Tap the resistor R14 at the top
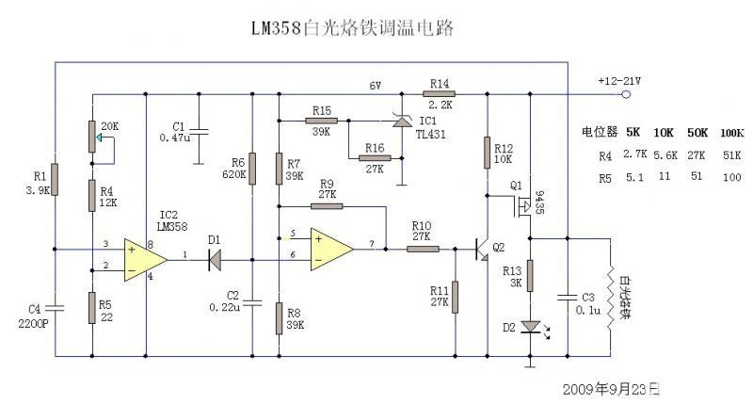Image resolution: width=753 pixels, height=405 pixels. (440, 94)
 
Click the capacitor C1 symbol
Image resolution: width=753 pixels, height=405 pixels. (200, 129)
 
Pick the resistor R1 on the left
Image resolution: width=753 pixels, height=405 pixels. (55, 178)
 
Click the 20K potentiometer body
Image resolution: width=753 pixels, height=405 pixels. (92, 138)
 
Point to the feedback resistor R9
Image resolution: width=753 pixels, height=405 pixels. (328, 205)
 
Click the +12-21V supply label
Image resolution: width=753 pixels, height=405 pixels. (619, 82)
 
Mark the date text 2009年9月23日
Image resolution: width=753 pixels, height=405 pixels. (610, 388)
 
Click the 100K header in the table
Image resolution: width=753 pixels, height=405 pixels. (731, 133)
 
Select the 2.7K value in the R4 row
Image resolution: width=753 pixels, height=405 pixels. (634, 154)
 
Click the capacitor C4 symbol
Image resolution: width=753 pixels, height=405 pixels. (55, 307)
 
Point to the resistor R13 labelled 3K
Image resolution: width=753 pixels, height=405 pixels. (530, 276)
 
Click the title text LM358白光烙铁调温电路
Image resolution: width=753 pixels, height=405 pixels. (352, 29)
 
